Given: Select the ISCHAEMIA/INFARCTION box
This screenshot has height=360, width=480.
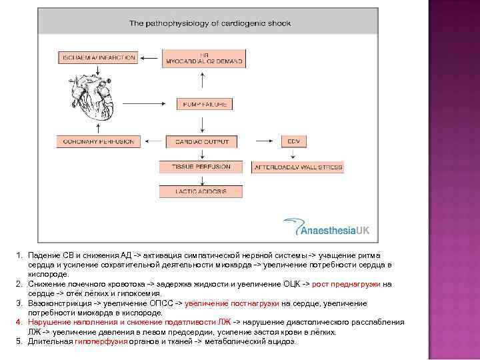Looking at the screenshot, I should [x=99, y=58].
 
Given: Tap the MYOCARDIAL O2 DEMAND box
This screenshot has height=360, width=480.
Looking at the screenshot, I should [x=204, y=58].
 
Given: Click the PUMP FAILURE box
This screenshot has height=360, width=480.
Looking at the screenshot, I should [x=204, y=104].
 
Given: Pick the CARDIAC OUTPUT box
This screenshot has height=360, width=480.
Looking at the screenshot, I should [x=202, y=141].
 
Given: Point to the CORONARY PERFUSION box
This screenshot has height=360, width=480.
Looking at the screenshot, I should [x=99, y=141].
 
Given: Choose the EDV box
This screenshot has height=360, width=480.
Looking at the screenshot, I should [x=293, y=141].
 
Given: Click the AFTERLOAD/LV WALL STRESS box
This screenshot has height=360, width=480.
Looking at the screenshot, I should [x=297, y=167].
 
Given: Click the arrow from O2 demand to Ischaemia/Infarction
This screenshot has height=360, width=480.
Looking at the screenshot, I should [x=150, y=58].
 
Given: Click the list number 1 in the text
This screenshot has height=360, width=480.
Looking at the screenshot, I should [x=21, y=255].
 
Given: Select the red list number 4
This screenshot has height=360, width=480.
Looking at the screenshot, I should [x=21, y=322].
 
